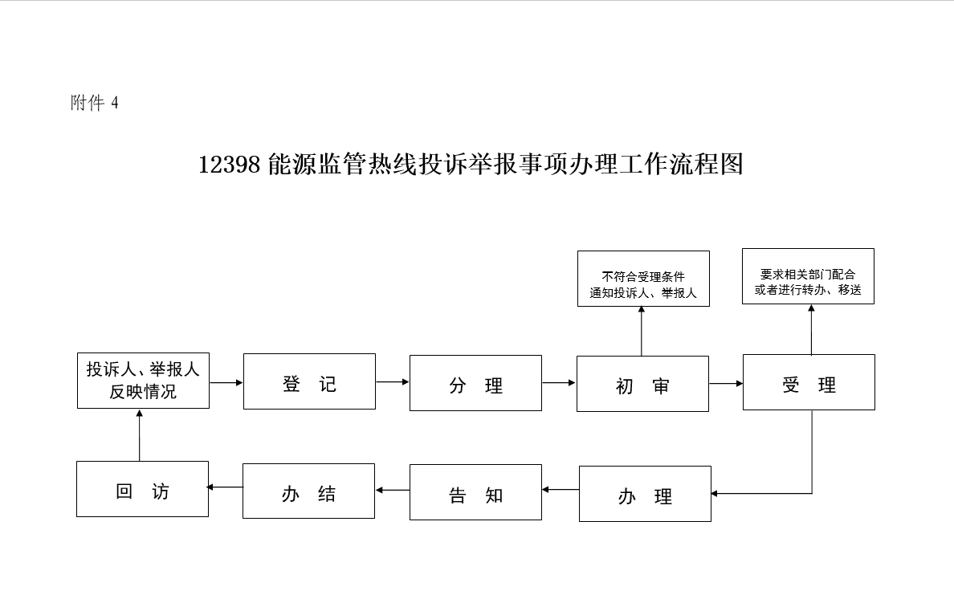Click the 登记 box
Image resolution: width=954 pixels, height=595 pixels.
309,381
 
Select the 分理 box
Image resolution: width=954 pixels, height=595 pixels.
475,383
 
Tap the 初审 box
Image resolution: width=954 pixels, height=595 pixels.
642,384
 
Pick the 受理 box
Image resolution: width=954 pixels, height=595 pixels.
809,382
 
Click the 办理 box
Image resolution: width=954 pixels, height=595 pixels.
645,494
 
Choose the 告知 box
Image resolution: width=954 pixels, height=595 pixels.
475,492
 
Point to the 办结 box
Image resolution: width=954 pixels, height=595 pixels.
308,491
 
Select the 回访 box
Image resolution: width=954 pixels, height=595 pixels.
142,489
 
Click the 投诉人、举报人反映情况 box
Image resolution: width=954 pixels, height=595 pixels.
143,381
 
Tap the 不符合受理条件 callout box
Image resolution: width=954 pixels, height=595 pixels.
643,279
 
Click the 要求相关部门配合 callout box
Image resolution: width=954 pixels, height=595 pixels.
808,276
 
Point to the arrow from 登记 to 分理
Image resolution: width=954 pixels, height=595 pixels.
392,382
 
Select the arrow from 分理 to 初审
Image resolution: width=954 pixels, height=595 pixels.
559,383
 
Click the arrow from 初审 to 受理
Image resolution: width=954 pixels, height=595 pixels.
726,383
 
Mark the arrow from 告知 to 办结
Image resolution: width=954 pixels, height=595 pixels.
392,490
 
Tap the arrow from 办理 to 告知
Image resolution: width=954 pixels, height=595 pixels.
560,489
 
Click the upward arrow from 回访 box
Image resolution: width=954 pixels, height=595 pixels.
140,434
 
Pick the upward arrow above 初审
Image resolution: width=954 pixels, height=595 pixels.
642,331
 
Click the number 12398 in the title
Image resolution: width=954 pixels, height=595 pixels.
229,165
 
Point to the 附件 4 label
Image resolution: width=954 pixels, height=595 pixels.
95,104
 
